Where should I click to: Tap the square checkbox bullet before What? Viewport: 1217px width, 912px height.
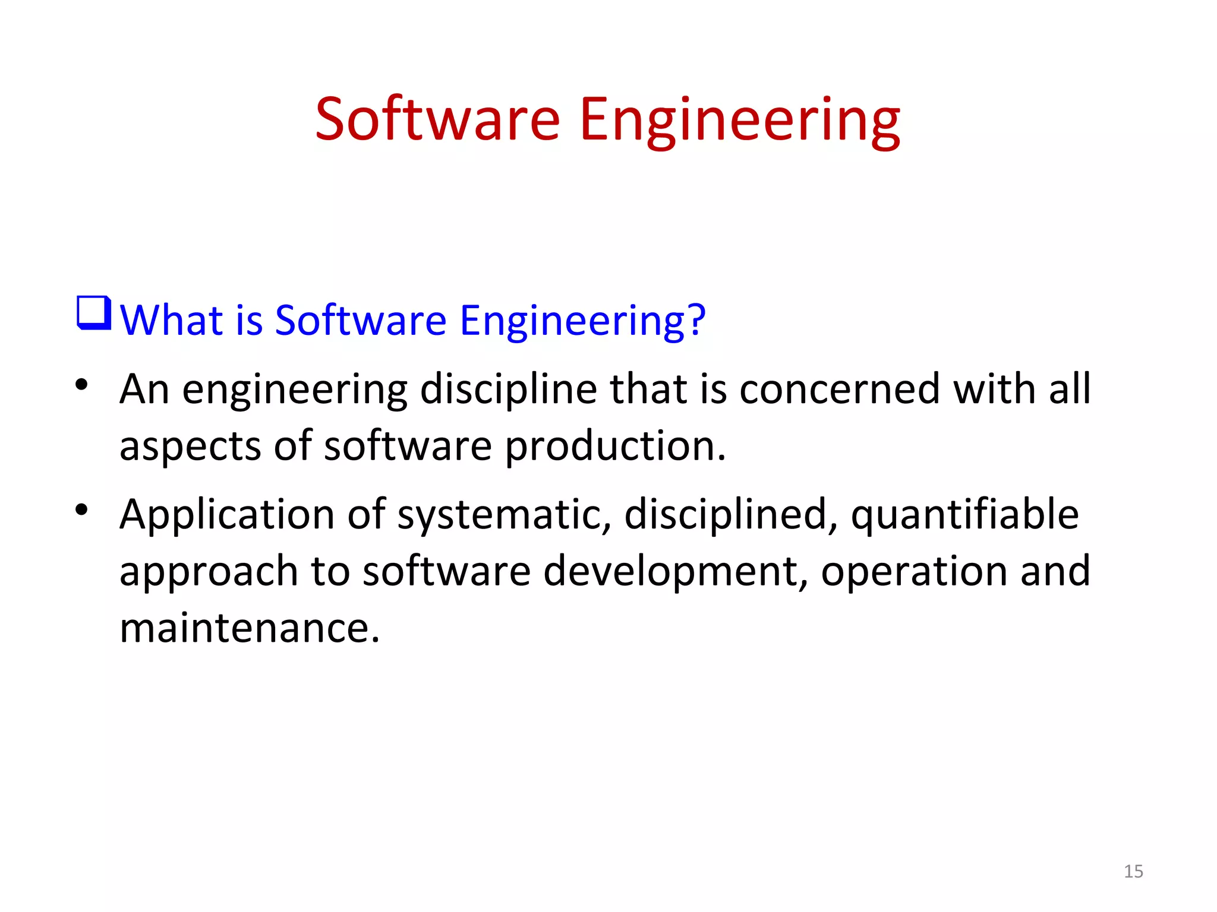click(94, 313)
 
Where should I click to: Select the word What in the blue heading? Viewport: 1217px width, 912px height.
click(171, 320)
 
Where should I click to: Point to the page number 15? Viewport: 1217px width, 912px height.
click(1133, 871)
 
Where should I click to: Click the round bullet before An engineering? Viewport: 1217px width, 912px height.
click(81, 384)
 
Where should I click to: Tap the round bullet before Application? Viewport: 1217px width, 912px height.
click(81, 509)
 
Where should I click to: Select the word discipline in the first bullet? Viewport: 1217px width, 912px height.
click(508, 389)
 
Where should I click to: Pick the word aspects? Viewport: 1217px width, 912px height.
click(190, 446)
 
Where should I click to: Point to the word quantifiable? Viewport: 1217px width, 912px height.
click(964, 515)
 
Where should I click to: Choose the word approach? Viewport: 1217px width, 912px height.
click(209, 572)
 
